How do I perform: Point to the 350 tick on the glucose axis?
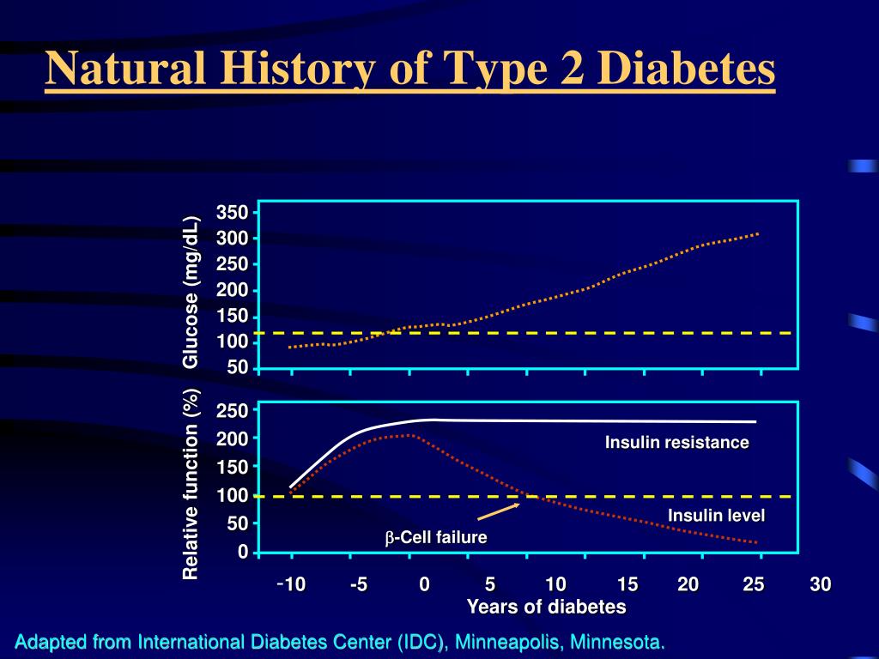pyautogui.click(x=232, y=212)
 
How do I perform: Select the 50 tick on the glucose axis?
pyautogui.click(x=237, y=367)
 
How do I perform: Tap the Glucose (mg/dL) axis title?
pyautogui.click(x=191, y=292)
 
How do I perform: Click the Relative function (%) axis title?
pyautogui.click(x=191, y=484)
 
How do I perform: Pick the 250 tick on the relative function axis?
pyautogui.click(x=232, y=411)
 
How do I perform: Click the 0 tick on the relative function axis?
pyautogui.click(x=243, y=551)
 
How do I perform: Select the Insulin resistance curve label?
pyautogui.click(x=677, y=443)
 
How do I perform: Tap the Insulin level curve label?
pyautogui.click(x=716, y=515)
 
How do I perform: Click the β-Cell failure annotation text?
pyautogui.click(x=435, y=538)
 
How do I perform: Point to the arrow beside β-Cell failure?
pyautogui.click(x=498, y=511)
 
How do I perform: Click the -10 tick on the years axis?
pyautogui.click(x=292, y=585)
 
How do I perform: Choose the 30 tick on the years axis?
pyautogui.click(x=820, y=585)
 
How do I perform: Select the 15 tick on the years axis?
pyautogui.click(x=627, y=585)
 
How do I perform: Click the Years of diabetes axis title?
pyautogui.click(x=546, y=608)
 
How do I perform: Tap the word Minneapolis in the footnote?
pyautogui.click(x=506, y=642)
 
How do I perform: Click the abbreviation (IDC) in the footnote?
pyautogui.click(x=421, y=642)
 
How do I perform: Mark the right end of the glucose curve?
pyautogui.click(x=758, y=233)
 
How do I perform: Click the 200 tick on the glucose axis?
pyautogui.click(x=232, y=290)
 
